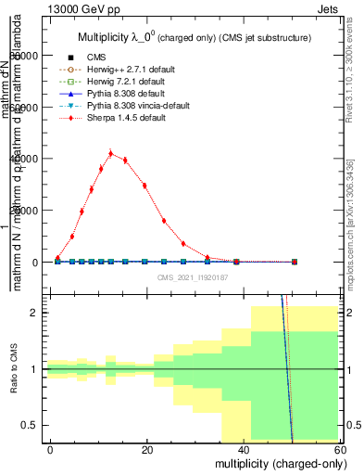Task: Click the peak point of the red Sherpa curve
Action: [110, 154]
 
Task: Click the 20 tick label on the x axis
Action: [147, 450]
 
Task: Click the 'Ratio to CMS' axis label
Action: [14, 369]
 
